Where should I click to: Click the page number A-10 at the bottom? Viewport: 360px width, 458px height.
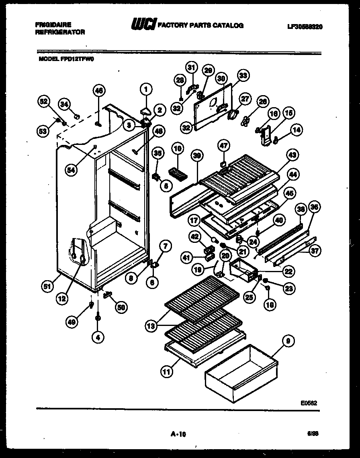(178, 434)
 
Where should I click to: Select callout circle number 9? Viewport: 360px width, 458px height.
(288, 342)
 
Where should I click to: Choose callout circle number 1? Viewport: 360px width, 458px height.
(147, 89)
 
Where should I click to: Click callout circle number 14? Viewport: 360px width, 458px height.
(298, 130)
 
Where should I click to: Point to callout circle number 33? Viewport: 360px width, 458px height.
(243, 75)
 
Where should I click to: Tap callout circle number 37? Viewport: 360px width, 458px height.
(315, 252)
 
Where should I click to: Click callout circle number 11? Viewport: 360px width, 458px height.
(166, 371)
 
